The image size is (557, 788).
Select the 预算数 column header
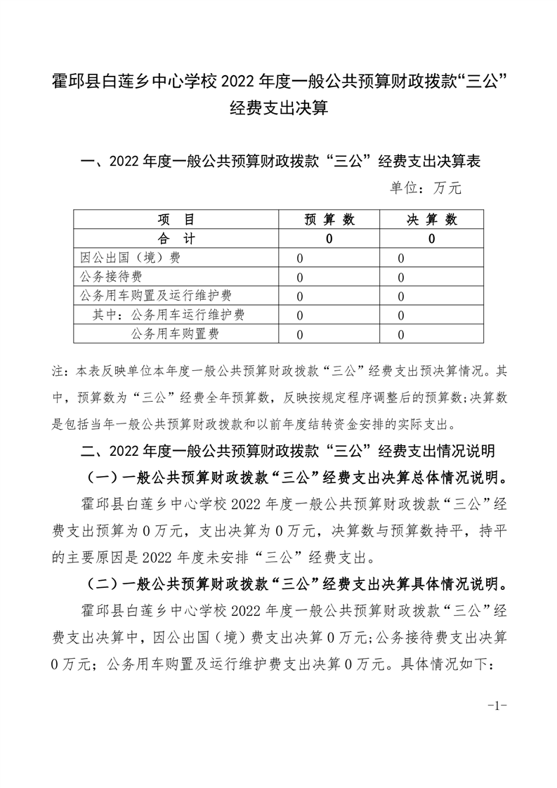click(329, 220)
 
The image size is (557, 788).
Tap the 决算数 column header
click(432, 220)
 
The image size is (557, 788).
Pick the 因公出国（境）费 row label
click(131, 258)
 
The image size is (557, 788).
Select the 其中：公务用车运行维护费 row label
click(169, 315)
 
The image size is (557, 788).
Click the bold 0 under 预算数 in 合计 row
click(329, 239)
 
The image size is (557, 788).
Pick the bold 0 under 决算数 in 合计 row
click(432, 239)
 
